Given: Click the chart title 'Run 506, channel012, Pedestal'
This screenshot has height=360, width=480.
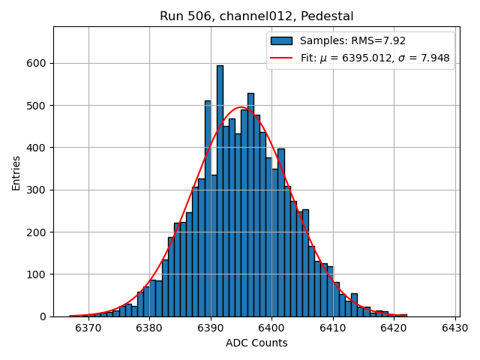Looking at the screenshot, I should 256,16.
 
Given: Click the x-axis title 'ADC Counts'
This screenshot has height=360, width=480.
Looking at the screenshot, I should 256,343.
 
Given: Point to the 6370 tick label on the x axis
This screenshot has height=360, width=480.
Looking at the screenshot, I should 88,328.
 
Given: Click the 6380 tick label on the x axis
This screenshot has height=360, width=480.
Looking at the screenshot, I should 149,328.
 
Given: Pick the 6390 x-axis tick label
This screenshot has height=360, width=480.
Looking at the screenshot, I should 211,328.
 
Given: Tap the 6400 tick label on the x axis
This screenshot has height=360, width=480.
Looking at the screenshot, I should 271,328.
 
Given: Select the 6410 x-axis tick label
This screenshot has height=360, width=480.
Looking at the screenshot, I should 332,328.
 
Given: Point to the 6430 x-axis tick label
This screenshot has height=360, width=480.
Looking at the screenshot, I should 454,328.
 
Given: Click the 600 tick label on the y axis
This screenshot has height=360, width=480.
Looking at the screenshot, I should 37,63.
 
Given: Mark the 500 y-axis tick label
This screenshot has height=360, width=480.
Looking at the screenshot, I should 37,106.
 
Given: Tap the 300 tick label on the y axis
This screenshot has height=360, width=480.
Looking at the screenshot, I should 37,190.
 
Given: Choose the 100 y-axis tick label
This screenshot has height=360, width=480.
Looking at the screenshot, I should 37,274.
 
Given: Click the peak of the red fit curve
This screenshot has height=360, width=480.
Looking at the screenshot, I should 241,107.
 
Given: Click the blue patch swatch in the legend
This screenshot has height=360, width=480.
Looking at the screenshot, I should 281,40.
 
